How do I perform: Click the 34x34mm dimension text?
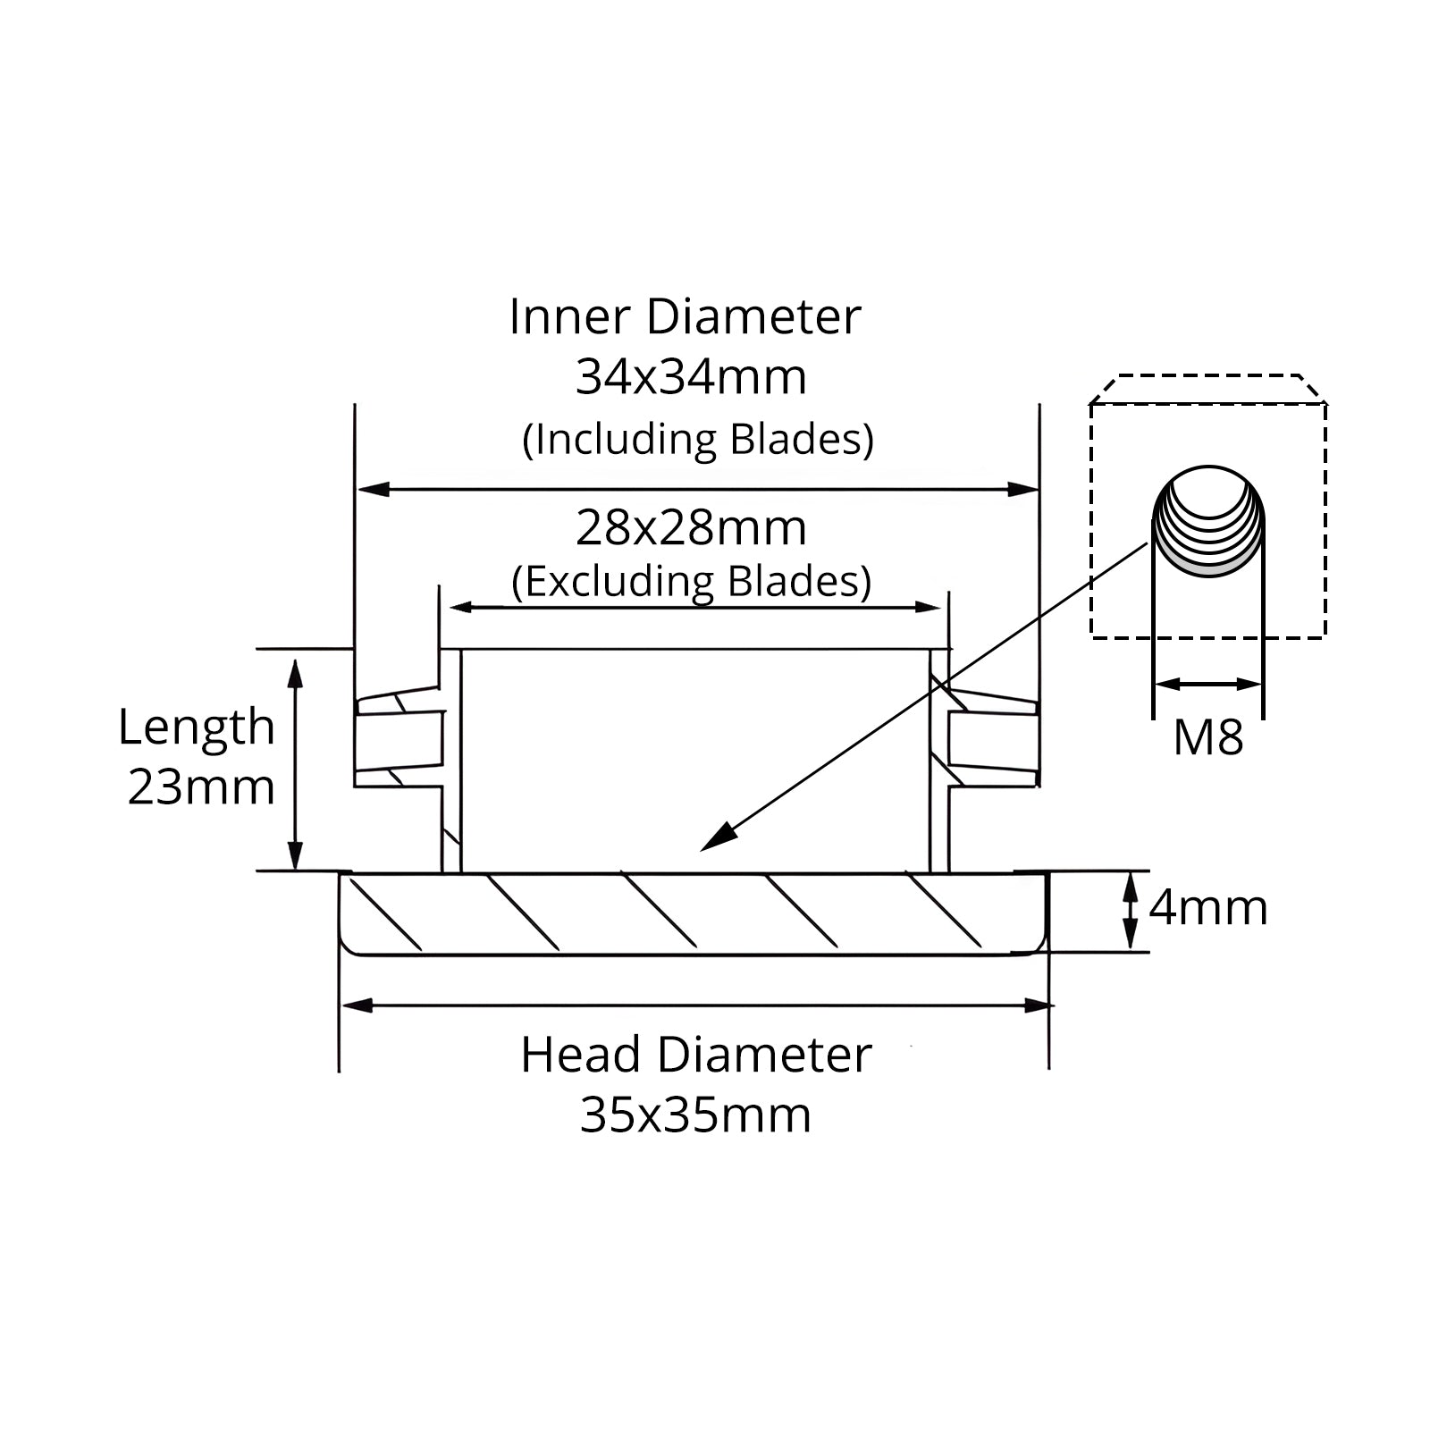pyautogui.click(x=691, y=377)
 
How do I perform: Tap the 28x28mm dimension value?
pyautogui.click(x=691, y=528)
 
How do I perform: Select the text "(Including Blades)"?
pyautogui.click(x=697, y=440)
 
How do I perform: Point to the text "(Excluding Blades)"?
pyautogui.click(x=691, y=582)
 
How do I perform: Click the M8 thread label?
pyautogui.click(x=1207, y=738)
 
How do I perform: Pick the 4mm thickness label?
pyautogui.click(x=1207, y=908)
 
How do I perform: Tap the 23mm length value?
pyautogui.click(x=201, y=787)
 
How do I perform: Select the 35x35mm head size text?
pyautogui.click(x=695, y=1115)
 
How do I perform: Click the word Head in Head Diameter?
pyautogui.click(x=581, y=1055)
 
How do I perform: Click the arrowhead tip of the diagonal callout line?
pyautogui.click(x=702, y=850)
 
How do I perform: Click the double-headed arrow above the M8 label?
pyautogui.click(x=1208, y=685)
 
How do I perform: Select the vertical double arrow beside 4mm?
pyautogui.click(x=1131, y=910)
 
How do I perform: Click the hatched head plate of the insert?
pyautogui.click(x=694, y=913)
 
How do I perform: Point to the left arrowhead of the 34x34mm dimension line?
pyautogui.click(x=358, y=489)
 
